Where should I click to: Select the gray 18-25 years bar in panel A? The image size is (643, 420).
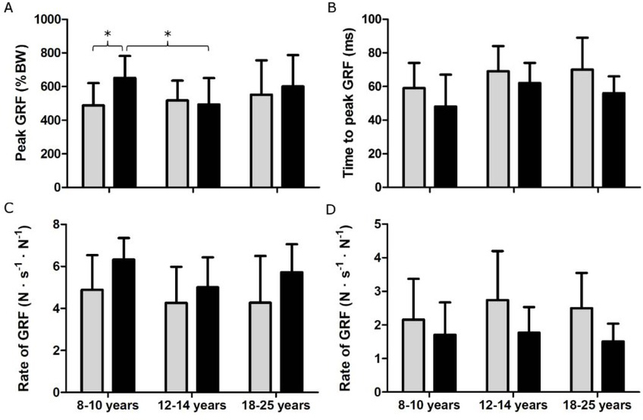[261, 141]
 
